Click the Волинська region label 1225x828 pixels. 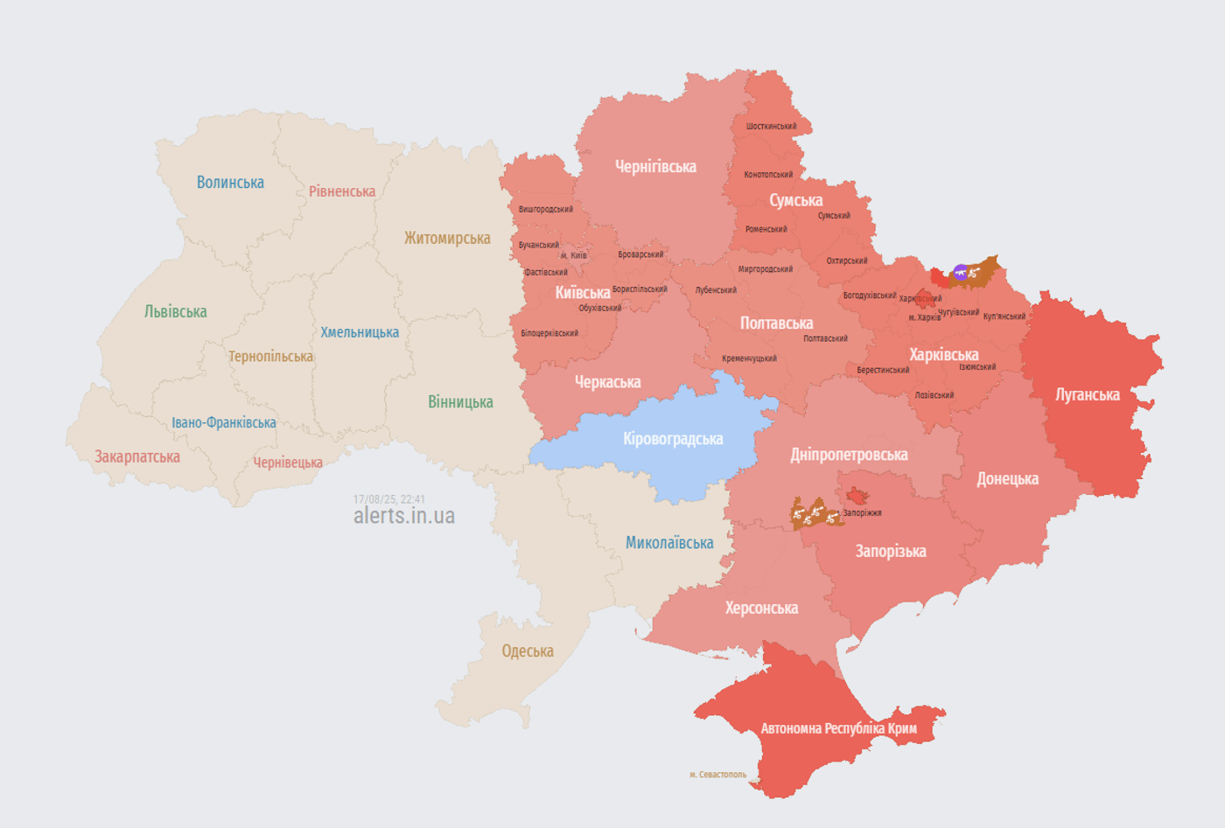point(230,183)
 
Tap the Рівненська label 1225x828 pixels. point(342,191)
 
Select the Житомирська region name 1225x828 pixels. point(447,239)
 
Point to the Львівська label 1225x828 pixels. point(176,312)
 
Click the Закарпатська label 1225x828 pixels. point(137,457)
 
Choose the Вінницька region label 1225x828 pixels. point(460,402)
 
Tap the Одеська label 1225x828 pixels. point(528,651)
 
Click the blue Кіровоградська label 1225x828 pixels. point(673,439)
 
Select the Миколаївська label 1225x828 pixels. point(669,543)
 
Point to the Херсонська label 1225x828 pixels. point(761,609)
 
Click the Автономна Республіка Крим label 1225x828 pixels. point(838,728)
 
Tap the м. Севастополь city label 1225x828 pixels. point(717,775)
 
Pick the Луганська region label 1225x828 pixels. point(1087,395)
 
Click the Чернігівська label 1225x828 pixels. point(655,167)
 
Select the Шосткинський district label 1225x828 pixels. point(771,127)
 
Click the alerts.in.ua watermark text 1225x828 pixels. point(404,517)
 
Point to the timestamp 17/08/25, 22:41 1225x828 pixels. point(388,499)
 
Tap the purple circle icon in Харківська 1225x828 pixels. point(961,272)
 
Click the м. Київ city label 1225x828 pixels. point(574,255)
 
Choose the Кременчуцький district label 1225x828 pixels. point(749,358)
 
